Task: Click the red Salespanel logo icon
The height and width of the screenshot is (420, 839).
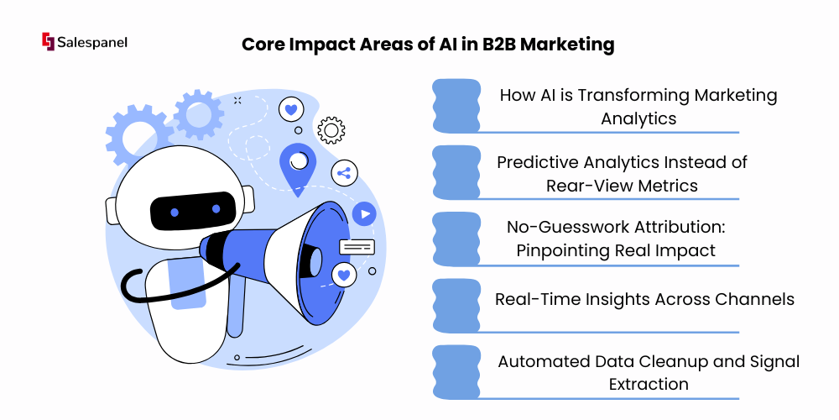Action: point(48,42)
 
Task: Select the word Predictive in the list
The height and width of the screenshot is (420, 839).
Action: point(537,162)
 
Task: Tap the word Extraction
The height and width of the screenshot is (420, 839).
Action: point(649,384)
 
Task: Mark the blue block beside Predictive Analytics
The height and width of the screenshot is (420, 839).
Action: point(456,172)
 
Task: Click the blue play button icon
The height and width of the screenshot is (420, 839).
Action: point(364,214)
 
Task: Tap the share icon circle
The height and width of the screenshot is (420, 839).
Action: point(345,173)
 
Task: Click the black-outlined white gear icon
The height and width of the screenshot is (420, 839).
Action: point(331,130)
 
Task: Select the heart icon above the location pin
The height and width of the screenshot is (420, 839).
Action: point(291,110)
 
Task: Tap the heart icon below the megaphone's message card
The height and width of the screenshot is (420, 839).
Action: point(344,276)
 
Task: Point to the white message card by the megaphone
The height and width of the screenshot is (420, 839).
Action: point(357,246)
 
